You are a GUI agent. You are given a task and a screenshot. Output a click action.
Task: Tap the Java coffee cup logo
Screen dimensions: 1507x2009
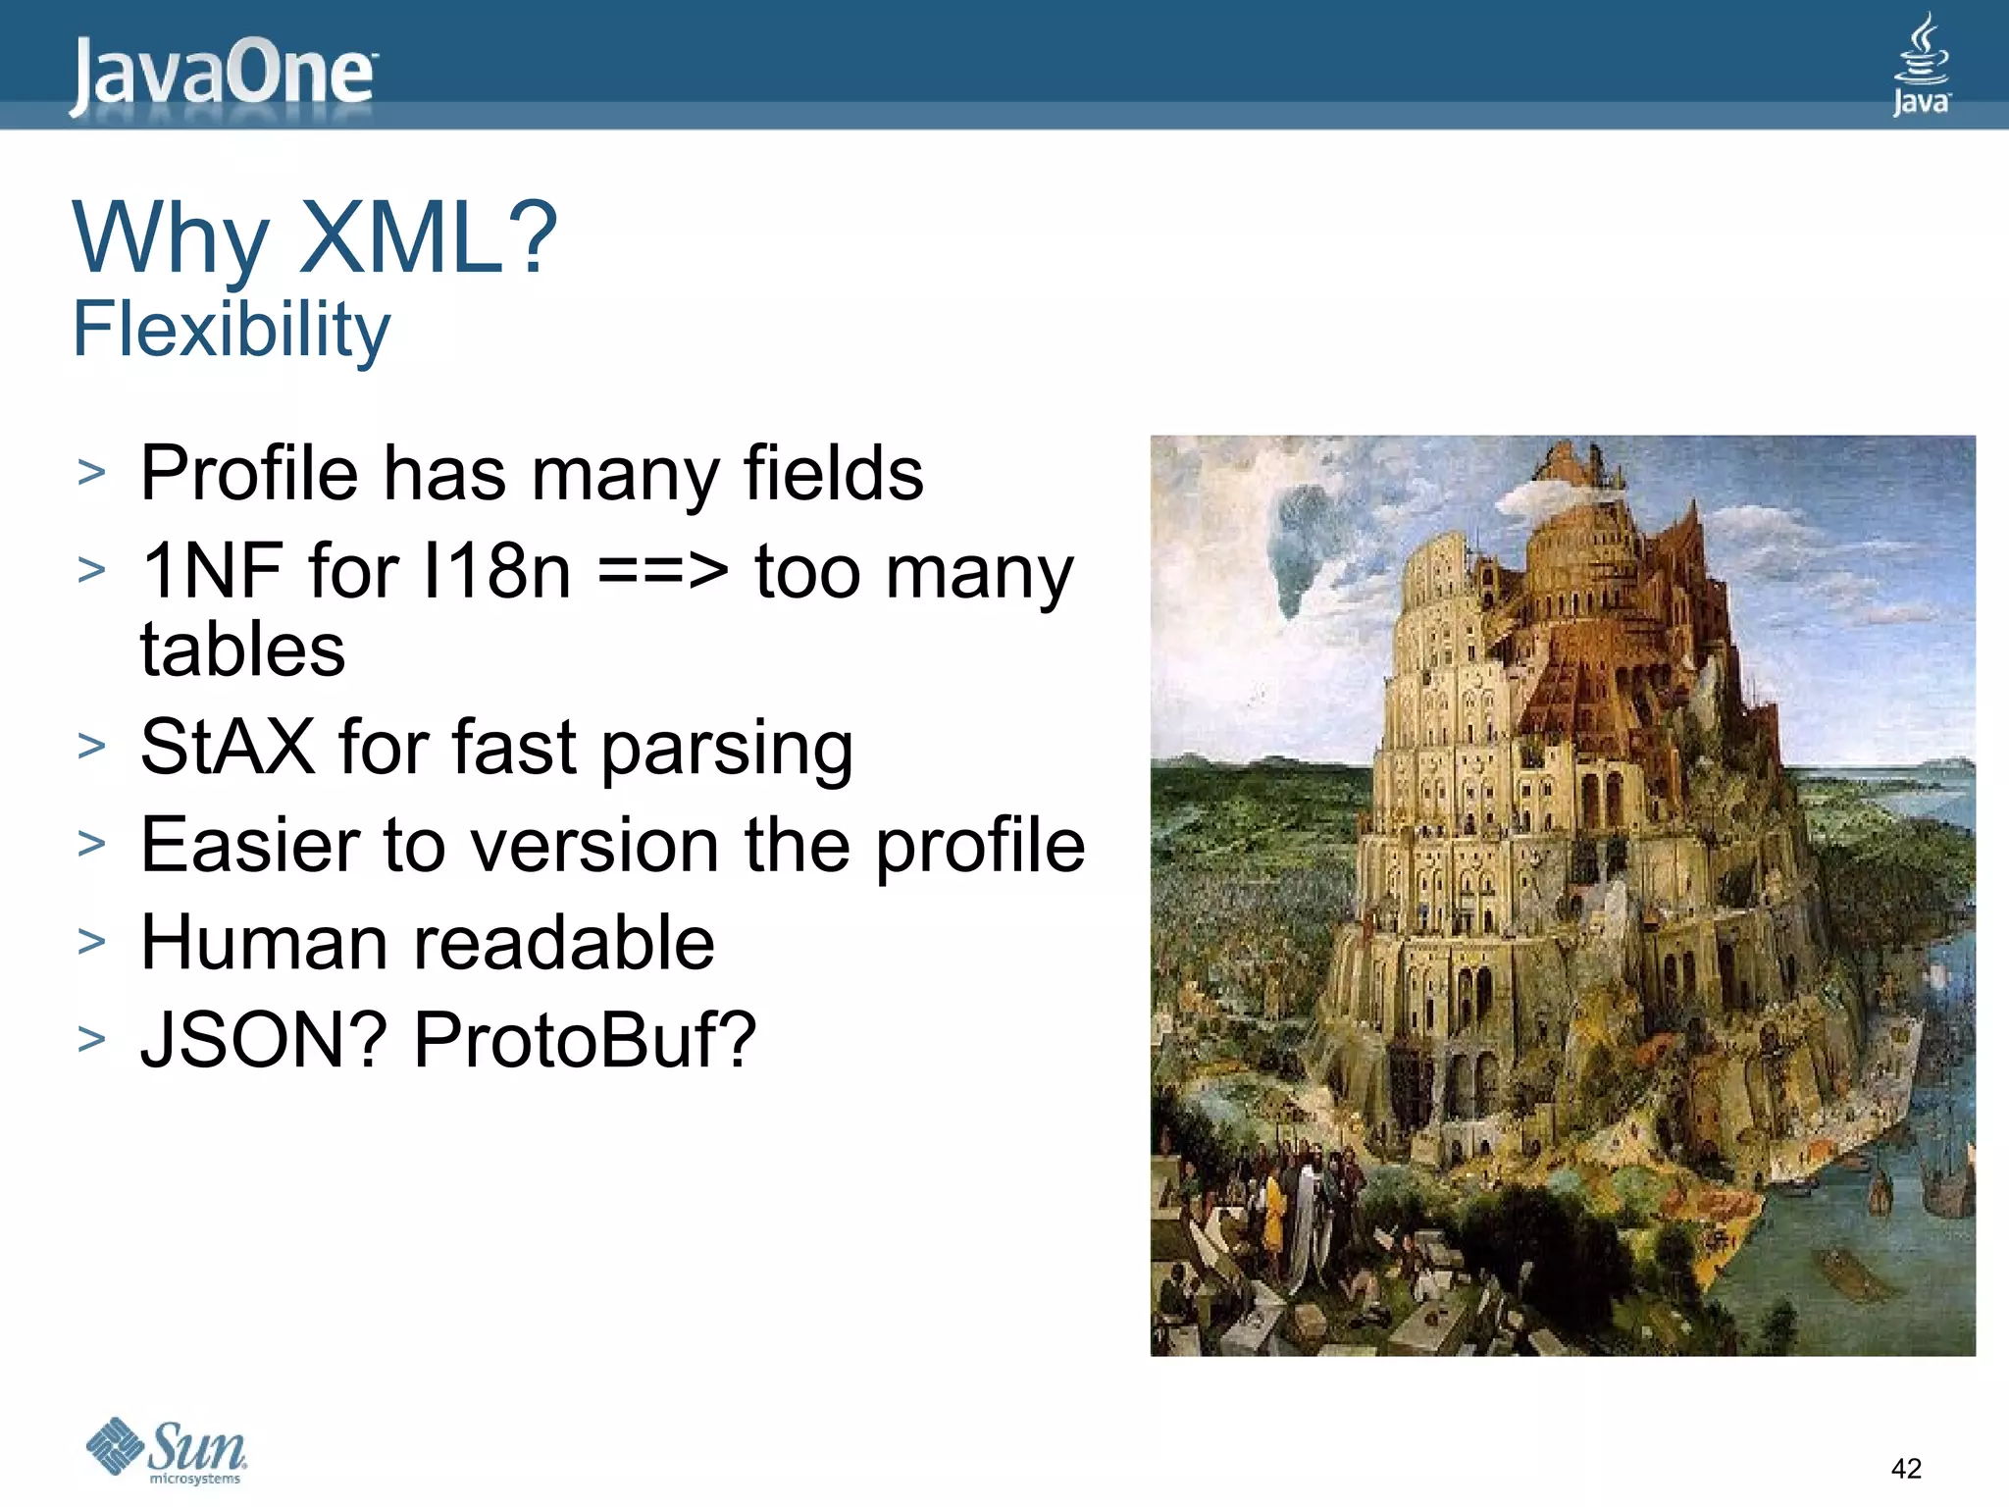click(1921, 65)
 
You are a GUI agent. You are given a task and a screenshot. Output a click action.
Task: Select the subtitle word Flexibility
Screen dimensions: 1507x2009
click(232, 330)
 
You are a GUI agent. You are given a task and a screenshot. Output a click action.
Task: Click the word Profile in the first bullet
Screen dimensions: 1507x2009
click(249, 473)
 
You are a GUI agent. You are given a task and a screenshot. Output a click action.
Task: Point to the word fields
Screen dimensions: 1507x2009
click(833, 473)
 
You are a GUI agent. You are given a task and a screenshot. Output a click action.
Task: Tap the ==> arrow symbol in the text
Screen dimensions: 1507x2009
click(663, 571)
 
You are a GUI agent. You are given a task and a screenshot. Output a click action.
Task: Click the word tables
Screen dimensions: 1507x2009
click(242, 650)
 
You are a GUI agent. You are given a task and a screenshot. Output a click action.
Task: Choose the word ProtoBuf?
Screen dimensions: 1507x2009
click(585, 1040)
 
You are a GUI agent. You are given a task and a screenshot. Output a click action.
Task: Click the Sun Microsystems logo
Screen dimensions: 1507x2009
click(167, 1450)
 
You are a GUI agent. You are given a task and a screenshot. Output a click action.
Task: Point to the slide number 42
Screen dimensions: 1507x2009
click(1905, 1468)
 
